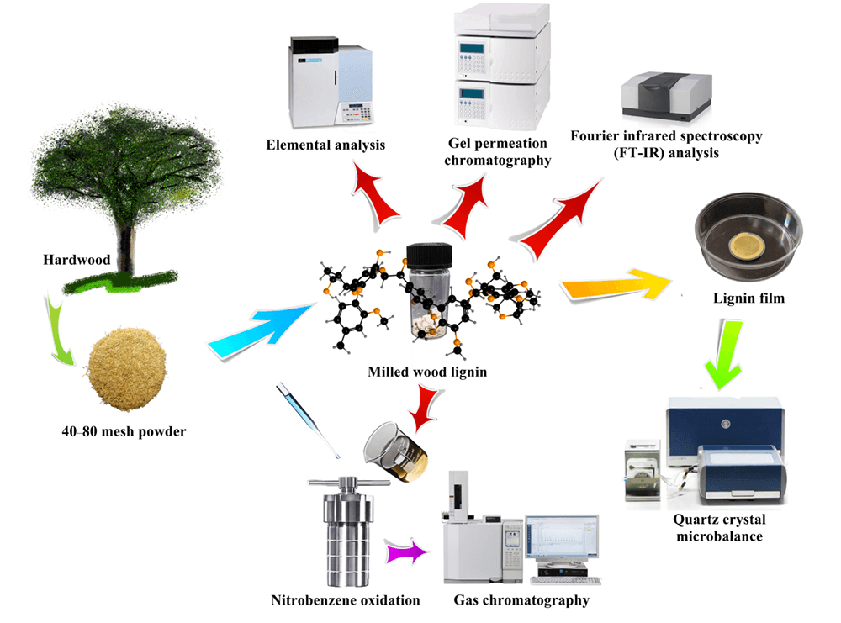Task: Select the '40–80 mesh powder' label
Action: tap(117, 432)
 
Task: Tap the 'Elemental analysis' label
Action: tap(325, 145)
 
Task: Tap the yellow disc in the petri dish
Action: tap(746, 246)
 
